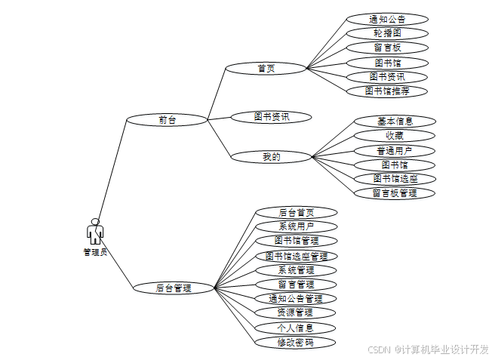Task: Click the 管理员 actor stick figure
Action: (95, 232)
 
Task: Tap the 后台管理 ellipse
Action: (174, 288)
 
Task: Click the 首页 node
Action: (266, 68)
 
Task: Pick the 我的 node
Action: (271, 157)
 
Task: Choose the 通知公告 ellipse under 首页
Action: (387, 19)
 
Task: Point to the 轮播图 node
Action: (387, 33)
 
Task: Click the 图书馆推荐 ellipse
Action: (387, 91)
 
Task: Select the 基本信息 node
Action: (395, 121)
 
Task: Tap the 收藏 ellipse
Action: (395, 136)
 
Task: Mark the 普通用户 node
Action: (395, 150)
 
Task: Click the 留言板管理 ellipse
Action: (395, 193)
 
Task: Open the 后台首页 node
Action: (296, 213)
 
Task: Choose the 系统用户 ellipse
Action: (296, 226)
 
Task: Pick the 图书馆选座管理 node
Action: (296, 256)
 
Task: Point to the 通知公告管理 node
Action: (295, 299)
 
